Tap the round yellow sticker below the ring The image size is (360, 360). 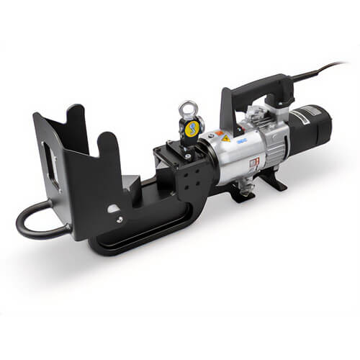(x=192, y=130)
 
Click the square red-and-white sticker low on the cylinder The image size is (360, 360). (x=253, y=163)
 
